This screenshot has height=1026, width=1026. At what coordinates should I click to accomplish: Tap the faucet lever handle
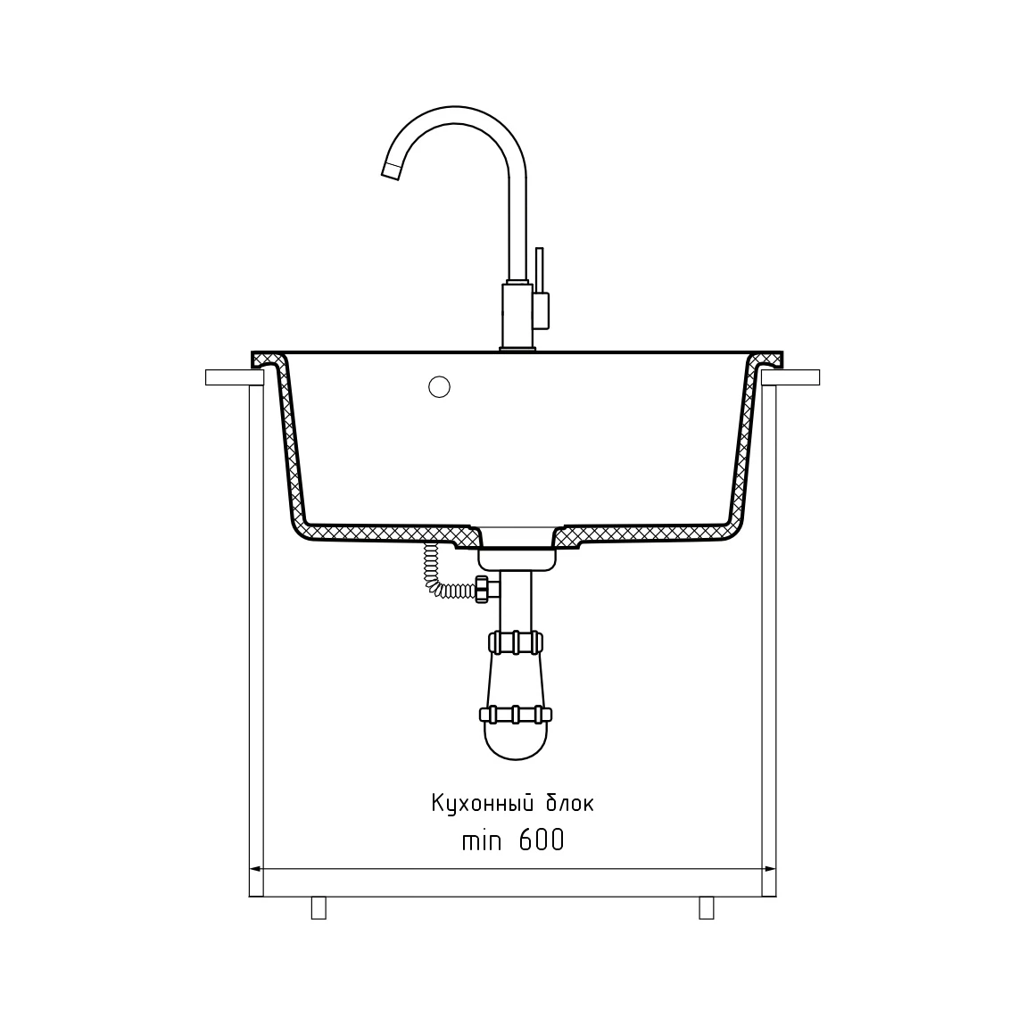pos(539,270)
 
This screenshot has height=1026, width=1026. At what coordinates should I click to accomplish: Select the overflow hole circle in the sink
pos(439,386)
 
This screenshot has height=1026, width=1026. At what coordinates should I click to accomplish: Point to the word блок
pos(570,803)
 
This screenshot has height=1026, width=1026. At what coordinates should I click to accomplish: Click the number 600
pos(542,840)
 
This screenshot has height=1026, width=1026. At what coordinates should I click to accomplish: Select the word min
pos(482,840)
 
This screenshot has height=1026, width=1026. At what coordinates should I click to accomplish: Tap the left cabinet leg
pos(319,907)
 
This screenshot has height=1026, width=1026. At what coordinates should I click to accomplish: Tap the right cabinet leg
pos(707,907)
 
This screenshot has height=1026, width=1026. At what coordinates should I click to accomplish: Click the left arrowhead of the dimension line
pos(256,870)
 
